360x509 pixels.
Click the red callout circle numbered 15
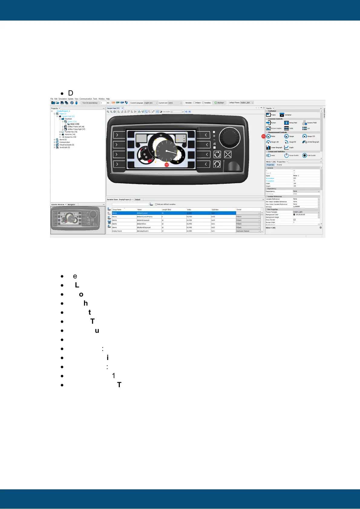click(263, 136)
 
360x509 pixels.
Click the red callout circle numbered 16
click(166, 165)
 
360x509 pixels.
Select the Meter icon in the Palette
click(268, 136)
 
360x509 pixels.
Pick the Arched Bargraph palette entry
click(305, 142)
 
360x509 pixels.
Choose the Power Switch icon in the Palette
click(286, 155)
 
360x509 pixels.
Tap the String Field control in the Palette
click(286, 123)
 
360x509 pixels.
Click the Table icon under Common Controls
click(286, 128)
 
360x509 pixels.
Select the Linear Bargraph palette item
click(268, 148)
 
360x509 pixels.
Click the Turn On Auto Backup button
click(90, 103)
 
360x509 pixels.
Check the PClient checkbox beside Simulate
click(194, 103)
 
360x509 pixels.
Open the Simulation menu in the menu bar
click(63, 99)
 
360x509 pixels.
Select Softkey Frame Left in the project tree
click(76, 127)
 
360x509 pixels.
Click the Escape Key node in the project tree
click(70, 137)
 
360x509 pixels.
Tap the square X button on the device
click(228, 154)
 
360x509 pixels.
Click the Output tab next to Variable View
click(138, 199)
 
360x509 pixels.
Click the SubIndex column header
click(215, 209)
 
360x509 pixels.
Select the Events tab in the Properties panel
click(280, 165)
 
